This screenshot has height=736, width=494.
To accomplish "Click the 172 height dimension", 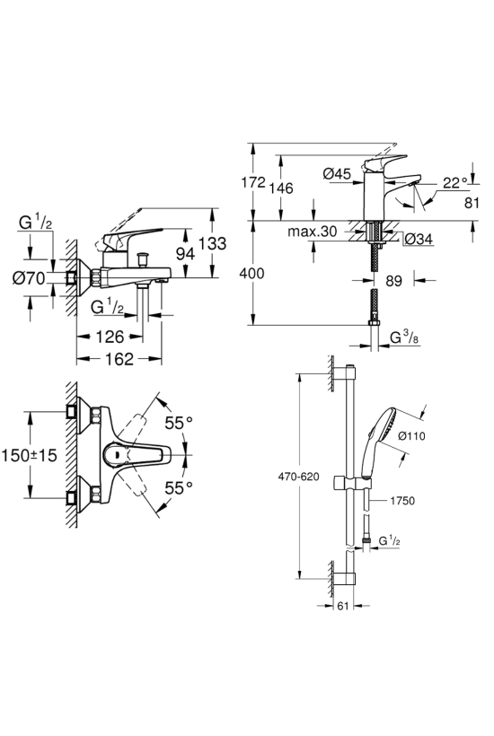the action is [253, 182].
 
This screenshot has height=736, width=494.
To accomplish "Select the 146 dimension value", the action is [281, 188].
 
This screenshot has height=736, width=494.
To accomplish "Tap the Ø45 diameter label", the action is [337, 173].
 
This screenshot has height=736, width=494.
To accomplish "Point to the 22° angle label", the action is [455, 182].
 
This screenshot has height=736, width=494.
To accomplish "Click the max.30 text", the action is [313, 231].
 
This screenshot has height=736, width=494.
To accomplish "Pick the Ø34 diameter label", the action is [418, 239].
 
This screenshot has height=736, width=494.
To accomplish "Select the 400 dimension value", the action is [251, 273].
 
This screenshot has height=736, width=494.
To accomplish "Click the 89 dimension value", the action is [394, 281].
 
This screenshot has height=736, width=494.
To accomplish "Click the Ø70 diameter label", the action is [29, 278].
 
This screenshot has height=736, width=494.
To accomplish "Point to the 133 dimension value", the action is [212, 243].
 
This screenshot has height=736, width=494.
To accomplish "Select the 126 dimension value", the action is [110, 336].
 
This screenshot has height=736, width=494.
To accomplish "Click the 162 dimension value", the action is [119, 359].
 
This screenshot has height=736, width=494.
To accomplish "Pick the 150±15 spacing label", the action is [29, 455].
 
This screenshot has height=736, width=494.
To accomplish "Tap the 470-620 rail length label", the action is [298, 477].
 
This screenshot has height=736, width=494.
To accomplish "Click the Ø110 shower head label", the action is [411, 436].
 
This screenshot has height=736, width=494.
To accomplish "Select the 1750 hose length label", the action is [402, 501].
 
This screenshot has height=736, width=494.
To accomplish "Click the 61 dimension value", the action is [343, 606].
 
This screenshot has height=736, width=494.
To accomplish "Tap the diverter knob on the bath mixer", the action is [141, 258].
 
